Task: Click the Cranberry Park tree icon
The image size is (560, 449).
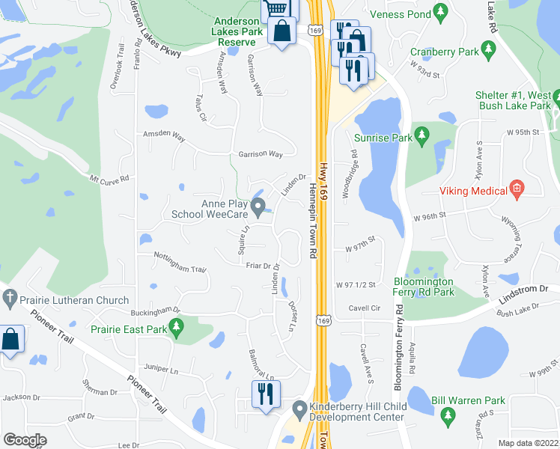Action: coord(490,52)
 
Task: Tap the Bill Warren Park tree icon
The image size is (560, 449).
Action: coord(448,415)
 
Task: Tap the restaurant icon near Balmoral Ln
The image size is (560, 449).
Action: coord(265,394)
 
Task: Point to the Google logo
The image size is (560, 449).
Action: coord(25,440)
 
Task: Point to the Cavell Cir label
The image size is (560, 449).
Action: coord(365,307)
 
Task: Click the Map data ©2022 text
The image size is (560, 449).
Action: coord(527,443)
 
